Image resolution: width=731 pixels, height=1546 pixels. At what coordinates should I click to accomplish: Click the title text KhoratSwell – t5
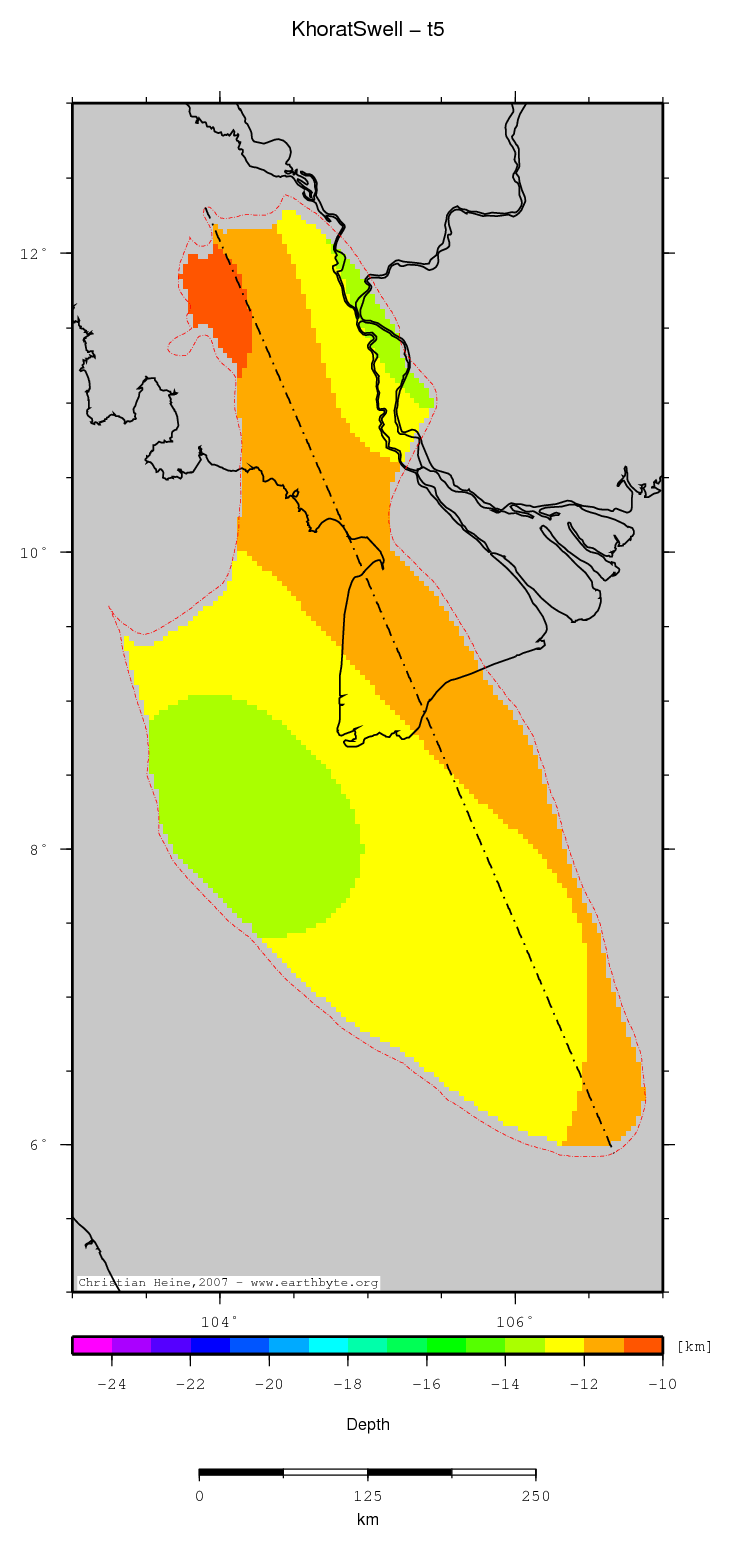tap(367, 30)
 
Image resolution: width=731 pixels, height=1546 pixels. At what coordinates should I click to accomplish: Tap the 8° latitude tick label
tap(37, 849)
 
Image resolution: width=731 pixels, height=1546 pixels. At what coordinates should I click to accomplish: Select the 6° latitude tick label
tap(37, 1145)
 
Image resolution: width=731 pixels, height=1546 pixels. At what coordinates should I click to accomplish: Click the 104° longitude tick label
tap(219, 1321)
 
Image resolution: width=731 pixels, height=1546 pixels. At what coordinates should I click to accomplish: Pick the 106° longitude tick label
tap(515, 1321)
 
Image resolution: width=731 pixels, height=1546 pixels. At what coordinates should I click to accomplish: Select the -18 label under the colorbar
tap(347, 1384)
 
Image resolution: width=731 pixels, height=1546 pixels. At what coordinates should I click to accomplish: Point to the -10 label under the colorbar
tap(662, 1384)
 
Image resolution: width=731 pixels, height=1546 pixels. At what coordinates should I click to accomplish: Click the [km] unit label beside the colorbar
tap(694, 1346)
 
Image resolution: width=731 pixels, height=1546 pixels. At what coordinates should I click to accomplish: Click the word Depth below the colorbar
tap(367, 1424)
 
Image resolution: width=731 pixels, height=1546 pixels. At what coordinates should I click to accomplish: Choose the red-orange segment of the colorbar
tap(643, 1345)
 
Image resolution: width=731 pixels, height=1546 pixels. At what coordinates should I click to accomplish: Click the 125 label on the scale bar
tap(367, 1496)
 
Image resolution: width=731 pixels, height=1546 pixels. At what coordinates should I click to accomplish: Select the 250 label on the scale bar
tap(535, 1496)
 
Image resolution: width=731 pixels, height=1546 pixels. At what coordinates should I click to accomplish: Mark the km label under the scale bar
tap(367, 1520)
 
